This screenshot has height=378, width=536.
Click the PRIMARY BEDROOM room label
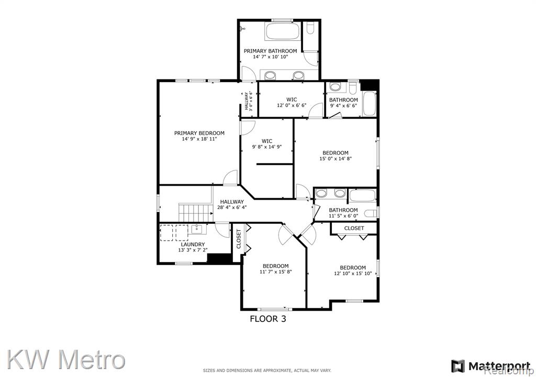pyautogui.click(x=199, y=133)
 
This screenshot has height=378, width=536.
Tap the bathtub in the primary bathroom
pyautogui.click(x=283, y=31)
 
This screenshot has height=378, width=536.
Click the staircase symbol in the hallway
pyautogui.click(x=194, y=212)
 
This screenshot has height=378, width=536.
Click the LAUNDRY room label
pyautogui.click(x=193, y=245)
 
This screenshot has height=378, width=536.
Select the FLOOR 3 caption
pyautogui.click(x=268, y=319)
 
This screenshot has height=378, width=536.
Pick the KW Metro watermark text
pyautogui.click(x=66, y=360)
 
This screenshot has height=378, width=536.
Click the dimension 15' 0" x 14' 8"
pyautogui.click(x=336, y=158)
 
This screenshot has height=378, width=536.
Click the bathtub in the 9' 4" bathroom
pyautogui.click(x=369, y=103)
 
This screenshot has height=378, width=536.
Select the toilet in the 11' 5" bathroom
pyautogui.click(x=371, y=214)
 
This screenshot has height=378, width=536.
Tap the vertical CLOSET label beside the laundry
pyautogui.click(x=239, y=239)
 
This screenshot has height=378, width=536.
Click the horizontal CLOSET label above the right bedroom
pyautogui.click(x=354, y=228)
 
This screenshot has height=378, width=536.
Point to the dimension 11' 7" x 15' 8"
pyautogui.click(x=275, y=272)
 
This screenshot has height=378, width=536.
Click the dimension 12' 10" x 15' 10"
pyautogui.click(x=353, y=273)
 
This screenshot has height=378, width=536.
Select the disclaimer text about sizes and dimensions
pyautogui.click(x=267, y=371)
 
